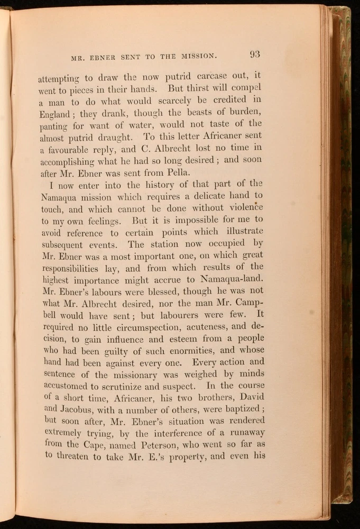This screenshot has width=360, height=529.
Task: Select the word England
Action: pos(54,113)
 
